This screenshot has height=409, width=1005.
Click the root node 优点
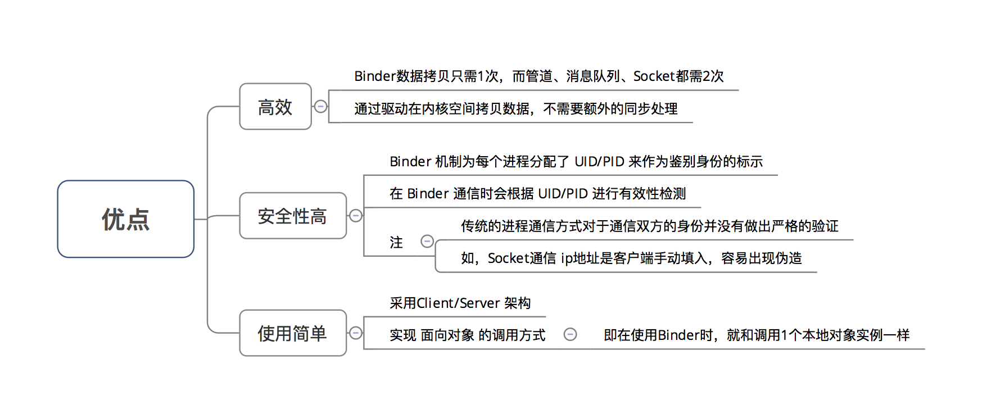125,219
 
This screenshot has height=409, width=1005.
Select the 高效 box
275,107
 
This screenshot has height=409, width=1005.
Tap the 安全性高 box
292,216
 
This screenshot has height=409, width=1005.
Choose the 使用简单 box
292,333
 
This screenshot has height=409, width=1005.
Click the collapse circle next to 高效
320,106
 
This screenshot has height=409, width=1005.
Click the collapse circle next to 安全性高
356,216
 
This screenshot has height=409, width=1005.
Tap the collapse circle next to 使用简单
356,333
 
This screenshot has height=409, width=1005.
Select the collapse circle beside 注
427,242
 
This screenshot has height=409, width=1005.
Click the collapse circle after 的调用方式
570,335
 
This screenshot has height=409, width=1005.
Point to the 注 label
396,243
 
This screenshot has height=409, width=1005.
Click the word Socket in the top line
654,76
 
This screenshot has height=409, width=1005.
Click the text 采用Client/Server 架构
460,303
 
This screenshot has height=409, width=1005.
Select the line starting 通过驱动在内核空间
515,109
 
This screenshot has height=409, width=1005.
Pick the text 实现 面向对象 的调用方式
467,335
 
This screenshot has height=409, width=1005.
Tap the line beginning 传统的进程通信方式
649,226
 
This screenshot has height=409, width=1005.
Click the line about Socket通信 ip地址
631,258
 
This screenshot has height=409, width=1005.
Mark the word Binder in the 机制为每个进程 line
410,162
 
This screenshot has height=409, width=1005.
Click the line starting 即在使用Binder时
756,335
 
